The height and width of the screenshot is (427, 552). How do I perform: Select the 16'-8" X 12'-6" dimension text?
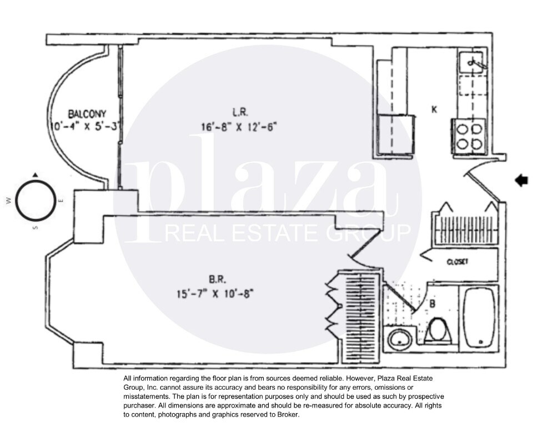tap(239, 126)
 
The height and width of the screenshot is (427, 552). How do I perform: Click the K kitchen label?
tap(434, 110)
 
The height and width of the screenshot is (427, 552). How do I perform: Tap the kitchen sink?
tap(473, 61)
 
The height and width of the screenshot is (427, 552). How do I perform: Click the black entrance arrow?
tap(521, 180)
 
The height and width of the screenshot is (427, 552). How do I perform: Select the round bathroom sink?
tap(398, 338)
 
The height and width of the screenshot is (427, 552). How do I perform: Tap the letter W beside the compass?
tap(9, 202)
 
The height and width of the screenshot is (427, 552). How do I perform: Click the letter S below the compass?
tap(35, 228)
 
